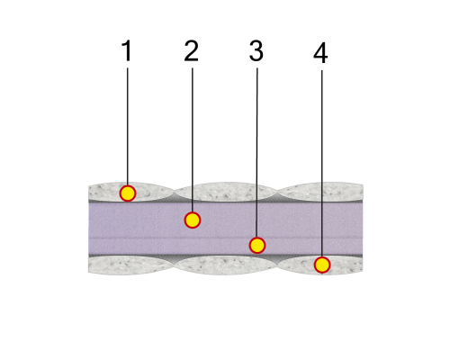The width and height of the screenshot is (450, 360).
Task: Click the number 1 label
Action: [127, 50]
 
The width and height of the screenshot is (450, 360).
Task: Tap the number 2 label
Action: [191, 51]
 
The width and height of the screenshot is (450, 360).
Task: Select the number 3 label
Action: [256, 51]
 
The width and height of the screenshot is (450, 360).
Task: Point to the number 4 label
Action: [320, 53]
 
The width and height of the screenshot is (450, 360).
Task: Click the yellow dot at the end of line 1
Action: [128, 193]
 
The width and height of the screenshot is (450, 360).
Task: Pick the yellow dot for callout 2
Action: [193, 220]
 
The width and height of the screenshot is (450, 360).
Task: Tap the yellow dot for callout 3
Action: [257, 246]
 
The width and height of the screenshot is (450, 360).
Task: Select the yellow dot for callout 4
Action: [322, 265]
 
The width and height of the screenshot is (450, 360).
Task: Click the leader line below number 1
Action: [128, 126]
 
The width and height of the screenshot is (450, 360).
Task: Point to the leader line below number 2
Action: [193, 139]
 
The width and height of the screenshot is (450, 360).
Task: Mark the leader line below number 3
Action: [256, 152]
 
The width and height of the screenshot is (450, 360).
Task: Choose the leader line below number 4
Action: [322, 164]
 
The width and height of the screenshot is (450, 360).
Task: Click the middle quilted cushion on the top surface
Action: [226, 192]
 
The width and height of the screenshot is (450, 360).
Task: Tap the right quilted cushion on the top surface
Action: [320, 192]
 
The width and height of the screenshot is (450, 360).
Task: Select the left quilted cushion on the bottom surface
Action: [131, 265]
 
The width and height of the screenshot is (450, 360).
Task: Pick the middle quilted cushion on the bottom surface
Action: [226, 265]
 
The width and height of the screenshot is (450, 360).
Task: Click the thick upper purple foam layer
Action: [226, 220]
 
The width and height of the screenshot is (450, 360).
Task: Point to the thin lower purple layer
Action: [226, 247]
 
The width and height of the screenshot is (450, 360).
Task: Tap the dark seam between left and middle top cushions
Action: [175, 196]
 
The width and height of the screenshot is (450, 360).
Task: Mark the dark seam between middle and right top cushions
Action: [277, 196]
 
